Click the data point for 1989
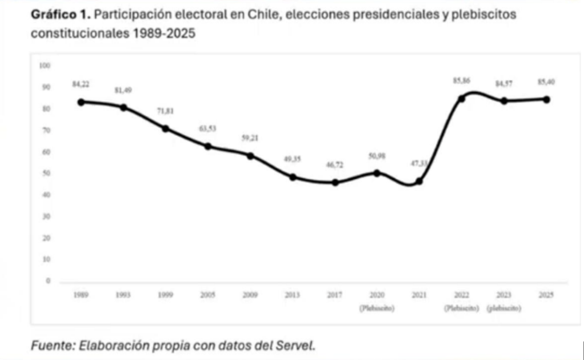tap(81, 102)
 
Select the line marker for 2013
tap(293, 177)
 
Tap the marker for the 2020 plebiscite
tap(377, 173)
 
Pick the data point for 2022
tap(461, 99)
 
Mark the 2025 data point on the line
tap(547, 100)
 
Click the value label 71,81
tap(165, 111)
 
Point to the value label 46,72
tap(334, 165)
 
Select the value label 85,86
tap(461, 81)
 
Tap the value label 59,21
tap(250, 138)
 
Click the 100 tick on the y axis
tap(45, 65)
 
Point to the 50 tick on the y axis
tap(46, 173)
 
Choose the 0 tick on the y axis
tap(48, 281)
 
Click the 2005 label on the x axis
tap(208, 295)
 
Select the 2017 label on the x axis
tap(334, 295)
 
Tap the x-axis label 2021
tap(419, 295)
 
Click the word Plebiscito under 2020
tap(377, 308)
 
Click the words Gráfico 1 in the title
tap(61, 14)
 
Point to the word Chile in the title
tap(264, 14)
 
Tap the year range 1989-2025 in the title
tap(164, 33)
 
